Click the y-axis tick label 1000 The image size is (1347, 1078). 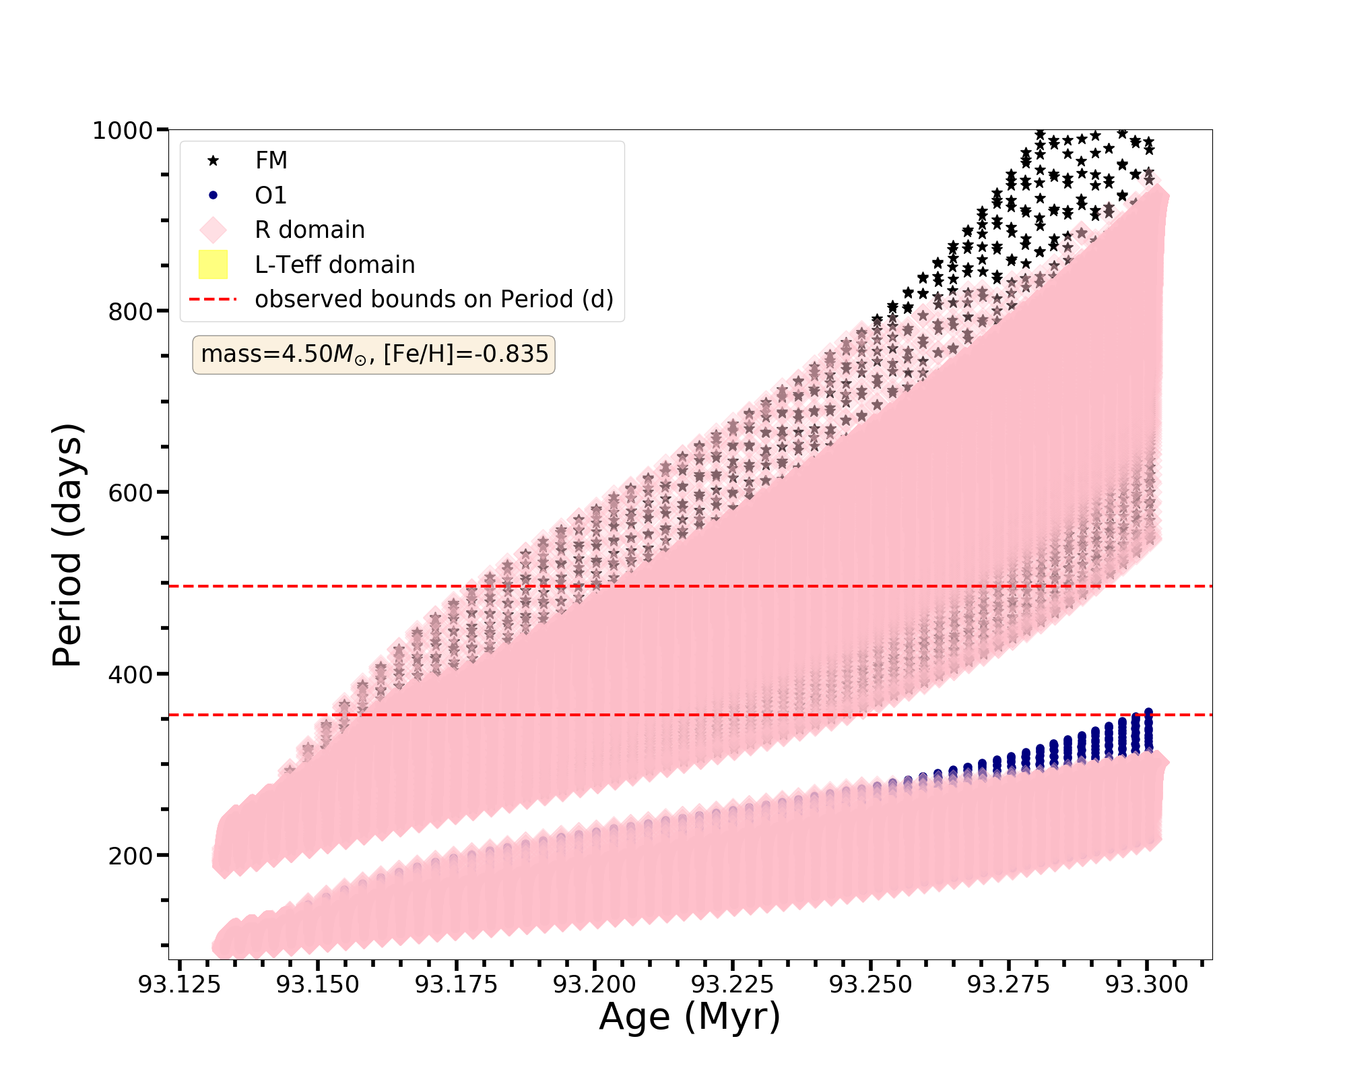tap(123, 130)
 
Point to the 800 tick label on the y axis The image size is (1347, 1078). tap(130, 311)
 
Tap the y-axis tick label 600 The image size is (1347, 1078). tap(130, 493)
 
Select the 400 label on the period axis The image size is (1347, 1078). tap(130, 674)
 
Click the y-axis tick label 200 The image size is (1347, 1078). tap(130, 856)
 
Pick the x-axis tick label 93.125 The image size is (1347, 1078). tap(179, 985)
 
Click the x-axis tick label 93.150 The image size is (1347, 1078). tap(318, 985)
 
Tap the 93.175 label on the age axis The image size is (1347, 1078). tap(456, 985)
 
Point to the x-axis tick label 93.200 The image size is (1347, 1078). tap(595, 985)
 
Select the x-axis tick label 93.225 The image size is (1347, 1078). tap(733, 985)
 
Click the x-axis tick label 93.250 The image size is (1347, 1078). tap(870, 985)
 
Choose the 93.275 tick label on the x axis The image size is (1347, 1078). tap(1009, 985)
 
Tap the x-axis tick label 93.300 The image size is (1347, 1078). tap(1148, 985)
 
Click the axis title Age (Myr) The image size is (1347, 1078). tap(690, 1017)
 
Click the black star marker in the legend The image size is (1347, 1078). tap(213, 160)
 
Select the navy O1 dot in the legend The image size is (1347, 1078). tap(213, 195)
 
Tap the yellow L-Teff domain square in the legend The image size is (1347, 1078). tap(213, 265)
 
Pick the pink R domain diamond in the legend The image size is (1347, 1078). tap(213, 230)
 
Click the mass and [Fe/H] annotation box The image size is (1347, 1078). tap(374, 354)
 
